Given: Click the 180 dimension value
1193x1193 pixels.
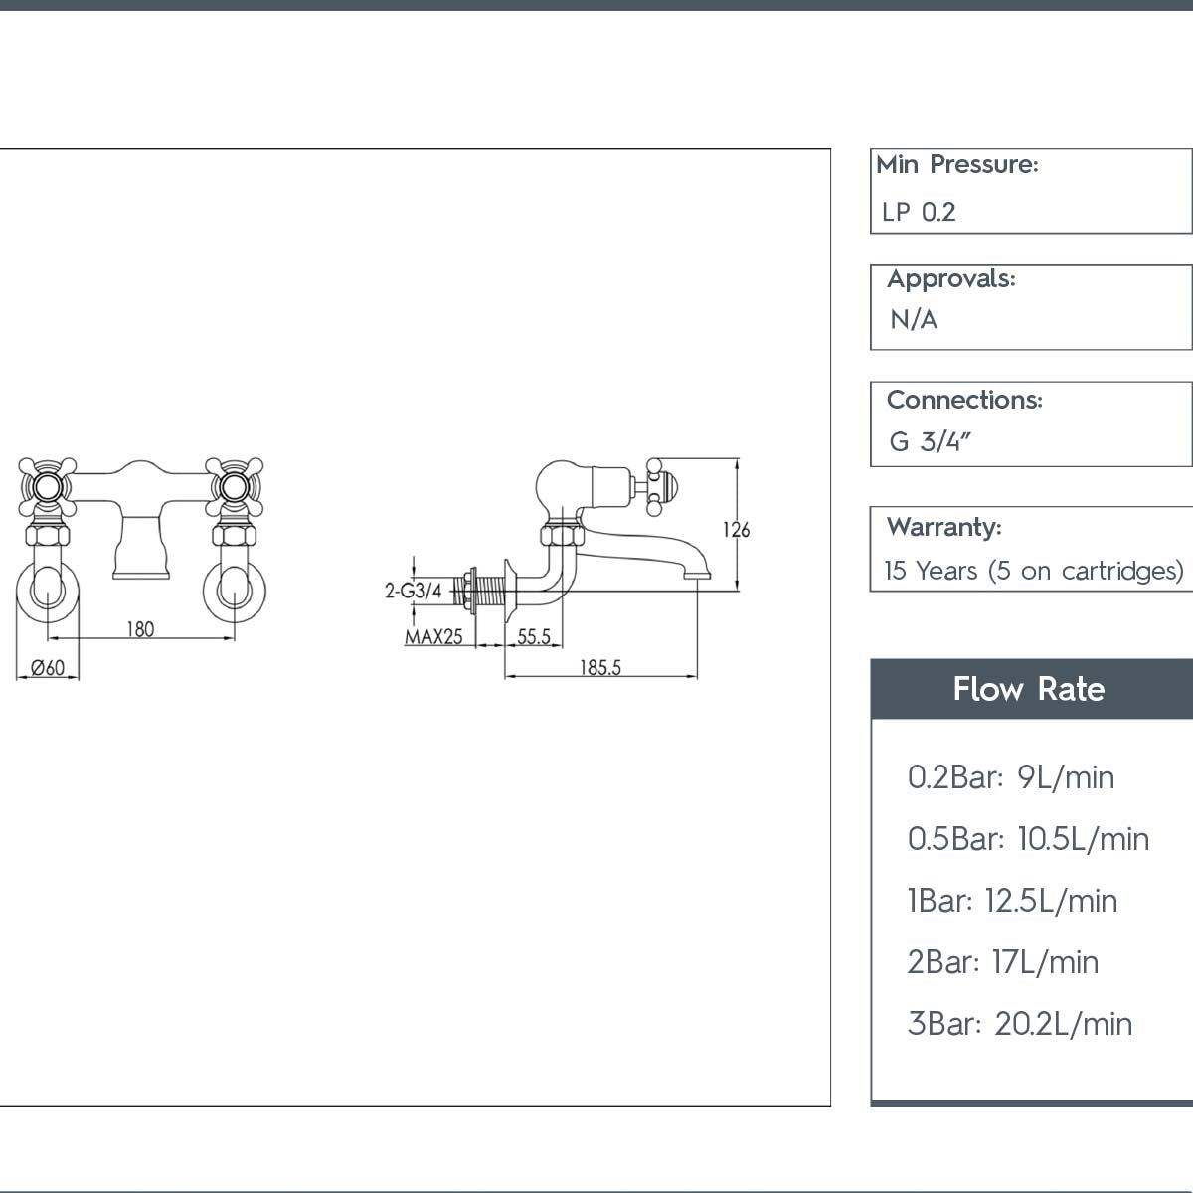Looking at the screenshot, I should (x=140, y=629).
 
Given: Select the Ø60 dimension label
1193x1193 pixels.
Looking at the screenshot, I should (x=48, y=668).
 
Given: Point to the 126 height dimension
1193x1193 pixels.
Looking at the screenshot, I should (x=736, y=530).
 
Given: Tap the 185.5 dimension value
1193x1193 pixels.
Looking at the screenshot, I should (x=600, y=668).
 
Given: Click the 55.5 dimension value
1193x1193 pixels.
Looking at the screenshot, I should (x=534, y=636).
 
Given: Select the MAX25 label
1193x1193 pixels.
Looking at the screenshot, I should (x=433, y=637).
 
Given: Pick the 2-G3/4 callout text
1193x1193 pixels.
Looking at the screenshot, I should (x=414, y=591).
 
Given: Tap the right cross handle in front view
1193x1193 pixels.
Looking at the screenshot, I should (x=234, y=486).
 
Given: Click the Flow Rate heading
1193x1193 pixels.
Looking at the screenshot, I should (x=1028, y=689).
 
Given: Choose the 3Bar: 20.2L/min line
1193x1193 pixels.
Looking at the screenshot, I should (x=1019, y=1024).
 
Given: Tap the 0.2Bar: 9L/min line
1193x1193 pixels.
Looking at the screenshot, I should (x=1010, y=777).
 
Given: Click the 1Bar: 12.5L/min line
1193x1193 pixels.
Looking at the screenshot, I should (x=1012, y=901).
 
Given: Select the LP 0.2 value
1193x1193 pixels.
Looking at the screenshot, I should (x=919, y=212).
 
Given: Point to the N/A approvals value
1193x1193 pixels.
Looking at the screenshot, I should (x=914, y=320).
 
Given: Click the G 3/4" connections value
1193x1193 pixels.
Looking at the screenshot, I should (x=929, y=441).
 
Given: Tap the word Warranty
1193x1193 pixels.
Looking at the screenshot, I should (x=943, y=527).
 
